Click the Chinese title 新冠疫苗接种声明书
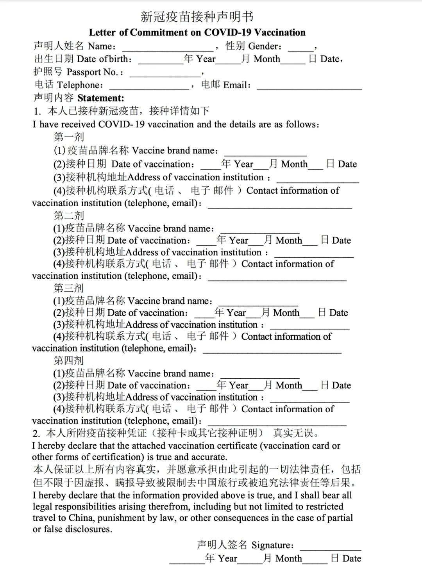(x=197, y=16)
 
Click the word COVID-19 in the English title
(x=227, y=32)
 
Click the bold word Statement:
(x=101, y=98)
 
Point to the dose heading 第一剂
(x=69, y=137)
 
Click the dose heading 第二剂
(x=69, y=216)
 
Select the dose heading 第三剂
(x=69, y=288)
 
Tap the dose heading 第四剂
(x=69, y=360)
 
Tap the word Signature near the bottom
(x=272, y=545)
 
